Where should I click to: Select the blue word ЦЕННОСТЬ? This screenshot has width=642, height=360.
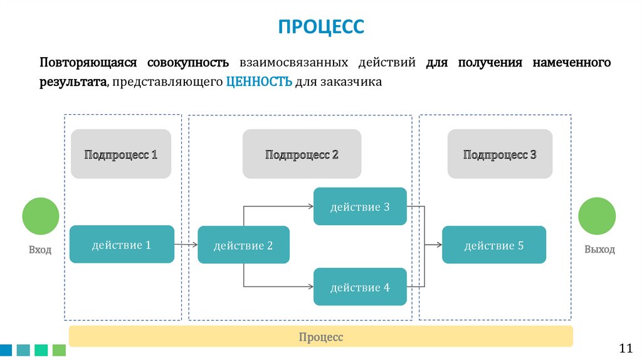coord(259,82)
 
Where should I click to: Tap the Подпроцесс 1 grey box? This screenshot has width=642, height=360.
coord(121,154)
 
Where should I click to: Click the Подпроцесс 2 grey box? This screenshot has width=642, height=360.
coord(302,154)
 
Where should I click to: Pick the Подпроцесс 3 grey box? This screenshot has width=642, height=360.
coord(500,154)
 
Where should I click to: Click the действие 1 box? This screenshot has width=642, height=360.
coord(122,244)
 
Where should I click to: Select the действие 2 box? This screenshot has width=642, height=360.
coord(243,245)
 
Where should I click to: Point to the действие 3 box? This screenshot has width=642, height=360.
coord(360,206)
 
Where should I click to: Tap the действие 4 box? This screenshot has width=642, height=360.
coord(360,287)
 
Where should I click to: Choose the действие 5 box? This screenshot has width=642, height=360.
coord(494,245)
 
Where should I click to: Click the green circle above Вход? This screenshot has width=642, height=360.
coord(41,216)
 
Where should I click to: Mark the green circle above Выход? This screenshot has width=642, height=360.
coord(597,216)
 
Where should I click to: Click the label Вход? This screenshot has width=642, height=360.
coord(40,250)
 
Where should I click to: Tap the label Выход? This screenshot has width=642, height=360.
coord(599,250)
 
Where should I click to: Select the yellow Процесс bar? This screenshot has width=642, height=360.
coord(321,337)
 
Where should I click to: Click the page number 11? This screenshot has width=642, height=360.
coord(626,349)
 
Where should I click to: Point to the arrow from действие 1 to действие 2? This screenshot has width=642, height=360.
coord(186,245)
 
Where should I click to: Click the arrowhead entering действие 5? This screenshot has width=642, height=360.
coord(439,245)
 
